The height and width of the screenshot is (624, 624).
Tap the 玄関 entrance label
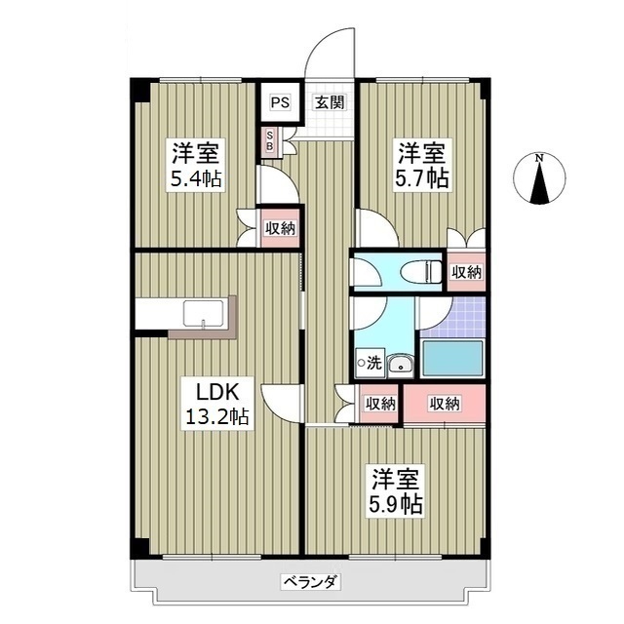click(x=326, y=101)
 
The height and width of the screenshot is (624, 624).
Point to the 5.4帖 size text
click(x=196, y=178)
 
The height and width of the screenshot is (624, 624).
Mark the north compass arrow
click(x=539, y=185)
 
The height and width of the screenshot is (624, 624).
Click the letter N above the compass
click(x=539, y=159)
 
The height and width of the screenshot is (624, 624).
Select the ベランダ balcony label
click(x=311, y=582)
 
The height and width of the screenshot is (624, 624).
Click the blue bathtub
click(x=452, y=360)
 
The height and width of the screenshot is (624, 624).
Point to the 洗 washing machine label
click(x=372, y=363)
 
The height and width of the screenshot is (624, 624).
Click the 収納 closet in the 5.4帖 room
click(x=281, y=229)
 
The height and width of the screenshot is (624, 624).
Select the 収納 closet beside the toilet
click(x=467, y=272)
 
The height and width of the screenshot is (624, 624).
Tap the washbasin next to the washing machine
click(x=399, y=365)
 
